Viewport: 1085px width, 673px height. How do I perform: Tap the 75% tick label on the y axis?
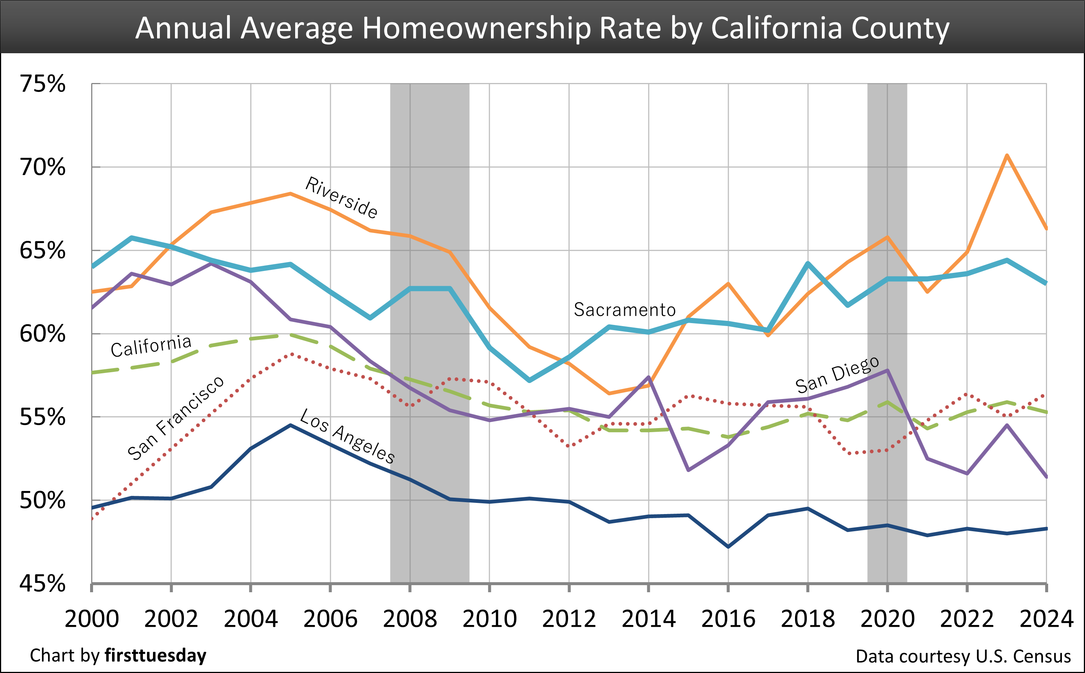point(43,84)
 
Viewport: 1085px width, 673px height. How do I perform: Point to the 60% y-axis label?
point(43,334)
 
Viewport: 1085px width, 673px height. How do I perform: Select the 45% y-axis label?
point(43,584)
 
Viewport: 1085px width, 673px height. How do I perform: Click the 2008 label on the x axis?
point(410,619)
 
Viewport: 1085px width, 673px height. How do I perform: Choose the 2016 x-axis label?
point(728,619)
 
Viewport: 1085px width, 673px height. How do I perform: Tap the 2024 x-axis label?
point(1046,619)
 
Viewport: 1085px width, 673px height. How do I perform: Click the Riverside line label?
point(341,198)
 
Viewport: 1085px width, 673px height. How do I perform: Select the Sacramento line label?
point(625,310)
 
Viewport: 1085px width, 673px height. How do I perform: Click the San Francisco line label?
point(175,418)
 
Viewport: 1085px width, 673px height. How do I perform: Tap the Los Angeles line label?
point(347,437)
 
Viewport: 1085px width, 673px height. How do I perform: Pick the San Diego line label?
point(837,375)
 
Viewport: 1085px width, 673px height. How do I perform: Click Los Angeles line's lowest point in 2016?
point(728,546)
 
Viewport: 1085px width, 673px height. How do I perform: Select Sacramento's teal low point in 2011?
point(529,380)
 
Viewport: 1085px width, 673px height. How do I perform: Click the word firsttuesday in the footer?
point(155,656)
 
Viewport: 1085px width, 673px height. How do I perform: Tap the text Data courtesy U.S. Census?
point(963,657)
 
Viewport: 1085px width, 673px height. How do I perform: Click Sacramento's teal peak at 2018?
point(808,264)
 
